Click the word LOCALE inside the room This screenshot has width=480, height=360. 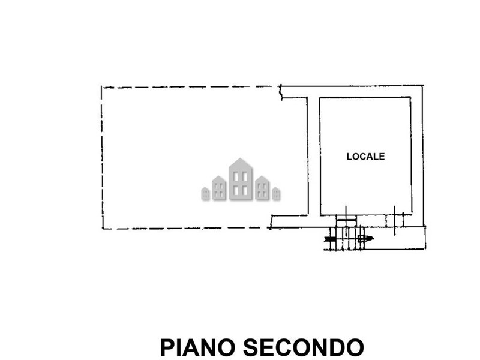(365, 157)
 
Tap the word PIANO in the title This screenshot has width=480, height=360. (198, 347)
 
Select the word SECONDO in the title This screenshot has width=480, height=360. (304, 347)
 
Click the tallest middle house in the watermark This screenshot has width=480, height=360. (241, 179)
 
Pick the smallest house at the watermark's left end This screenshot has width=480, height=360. (205, 194)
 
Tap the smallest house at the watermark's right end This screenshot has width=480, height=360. (276, 194)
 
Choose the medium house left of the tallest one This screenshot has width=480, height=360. (219, 188)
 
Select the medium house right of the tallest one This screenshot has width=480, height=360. (262, 188)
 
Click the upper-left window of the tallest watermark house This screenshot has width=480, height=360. (236, 176)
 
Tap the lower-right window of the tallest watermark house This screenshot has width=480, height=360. (245, 191)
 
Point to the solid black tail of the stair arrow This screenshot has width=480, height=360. (330, 239)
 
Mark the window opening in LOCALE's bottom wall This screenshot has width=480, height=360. (394, 221)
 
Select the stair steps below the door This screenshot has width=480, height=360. (344, 238)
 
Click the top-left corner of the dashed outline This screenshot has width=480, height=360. (101, 87)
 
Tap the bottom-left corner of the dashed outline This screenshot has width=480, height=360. (103, 229)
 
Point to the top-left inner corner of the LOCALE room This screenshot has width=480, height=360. (320, 98)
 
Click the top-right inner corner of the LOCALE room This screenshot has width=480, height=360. (410, 98)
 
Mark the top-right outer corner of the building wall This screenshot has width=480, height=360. (423, 85)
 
